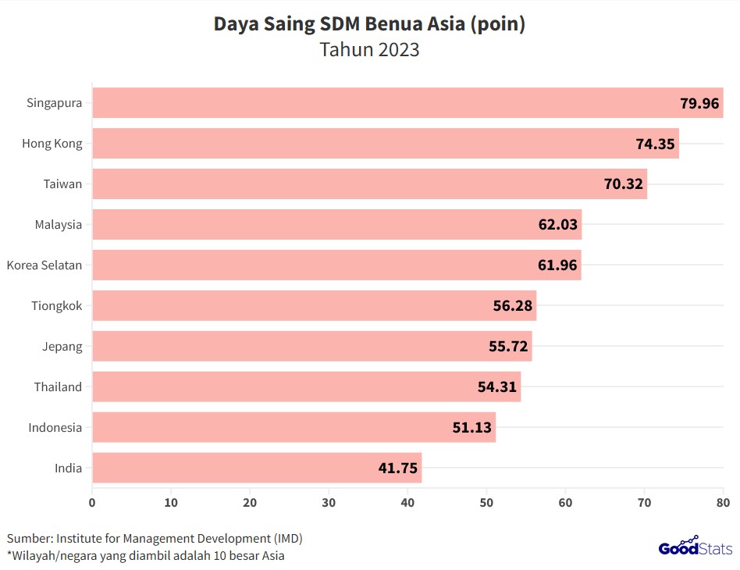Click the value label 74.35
655,144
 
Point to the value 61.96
557,265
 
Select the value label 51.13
471,428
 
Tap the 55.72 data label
507,347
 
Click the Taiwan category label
62,184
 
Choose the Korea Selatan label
44,265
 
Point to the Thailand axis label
58,387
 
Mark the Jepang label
62,347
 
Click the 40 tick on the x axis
407,502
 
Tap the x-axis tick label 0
92,502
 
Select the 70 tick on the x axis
644,502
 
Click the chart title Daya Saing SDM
369,24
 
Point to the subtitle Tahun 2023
369,50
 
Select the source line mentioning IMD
155,539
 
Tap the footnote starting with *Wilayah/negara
146,556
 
